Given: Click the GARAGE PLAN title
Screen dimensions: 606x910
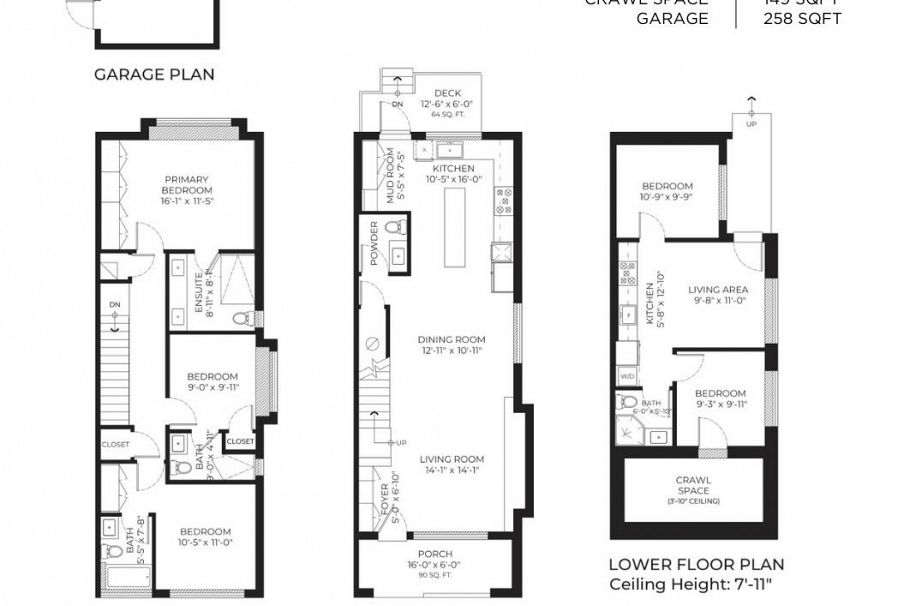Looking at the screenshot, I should coord(154,74).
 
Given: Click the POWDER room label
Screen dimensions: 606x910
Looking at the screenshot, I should coord(375,243).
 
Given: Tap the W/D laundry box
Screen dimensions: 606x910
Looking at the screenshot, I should coord(628,377).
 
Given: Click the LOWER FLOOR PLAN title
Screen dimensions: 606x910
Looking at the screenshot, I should coord(696,565).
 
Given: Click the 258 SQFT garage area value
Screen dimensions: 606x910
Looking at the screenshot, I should coord(802,19).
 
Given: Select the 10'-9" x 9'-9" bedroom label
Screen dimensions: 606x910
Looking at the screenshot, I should coord(667,191).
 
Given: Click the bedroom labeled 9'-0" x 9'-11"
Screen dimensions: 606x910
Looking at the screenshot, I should coord(212,382).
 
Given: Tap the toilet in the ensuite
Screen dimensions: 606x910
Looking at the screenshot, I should coord(241,319).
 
